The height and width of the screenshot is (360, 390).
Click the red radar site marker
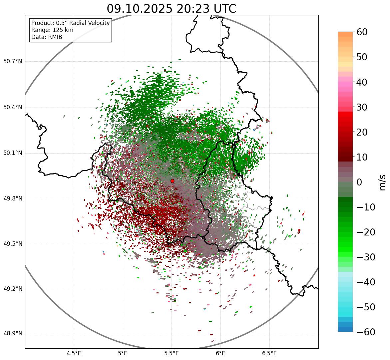173,181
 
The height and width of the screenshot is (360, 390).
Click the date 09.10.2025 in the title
139,9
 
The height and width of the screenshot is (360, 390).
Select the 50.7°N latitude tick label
13,62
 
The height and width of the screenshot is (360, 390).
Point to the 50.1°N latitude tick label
13,153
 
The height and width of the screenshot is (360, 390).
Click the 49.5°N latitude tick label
13,244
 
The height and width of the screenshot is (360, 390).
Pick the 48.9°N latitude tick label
13,334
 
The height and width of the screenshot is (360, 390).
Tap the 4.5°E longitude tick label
74,353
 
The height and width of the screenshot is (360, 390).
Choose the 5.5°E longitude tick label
172,353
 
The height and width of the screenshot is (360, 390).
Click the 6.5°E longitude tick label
269,353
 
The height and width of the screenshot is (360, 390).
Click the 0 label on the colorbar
359,182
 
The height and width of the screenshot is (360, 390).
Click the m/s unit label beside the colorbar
382,182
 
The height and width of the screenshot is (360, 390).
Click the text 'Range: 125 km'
52,30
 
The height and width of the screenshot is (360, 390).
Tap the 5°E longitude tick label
123,353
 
